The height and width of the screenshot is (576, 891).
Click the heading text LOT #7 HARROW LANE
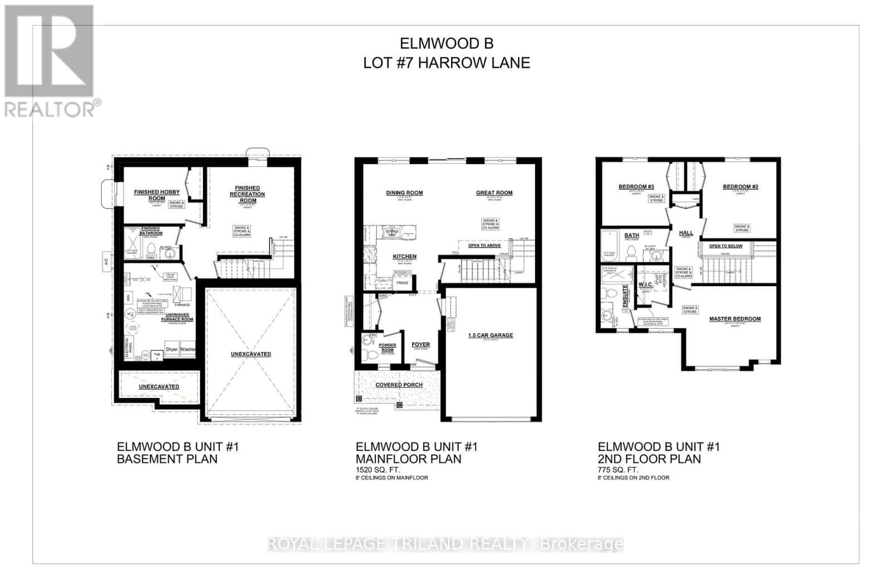pos(446,63)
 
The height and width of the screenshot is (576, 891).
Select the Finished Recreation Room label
pos(247,194)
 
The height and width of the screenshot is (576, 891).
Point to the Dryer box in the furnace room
pos(171,349)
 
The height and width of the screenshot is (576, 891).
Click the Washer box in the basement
pos(188,349)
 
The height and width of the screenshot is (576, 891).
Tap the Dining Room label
pos(404,193)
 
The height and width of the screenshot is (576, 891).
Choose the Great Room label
pos(494,193)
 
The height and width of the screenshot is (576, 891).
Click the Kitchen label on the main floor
pos(404,257)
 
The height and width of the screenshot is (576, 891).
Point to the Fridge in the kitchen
pos(403,283)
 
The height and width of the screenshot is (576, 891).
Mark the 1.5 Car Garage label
pos(490,335)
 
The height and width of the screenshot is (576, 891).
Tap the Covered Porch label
pos(399,385)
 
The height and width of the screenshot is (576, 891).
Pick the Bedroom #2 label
pos(740,186)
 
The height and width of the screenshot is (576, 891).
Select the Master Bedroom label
pos(735,319)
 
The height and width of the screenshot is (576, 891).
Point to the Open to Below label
pos(726,245)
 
